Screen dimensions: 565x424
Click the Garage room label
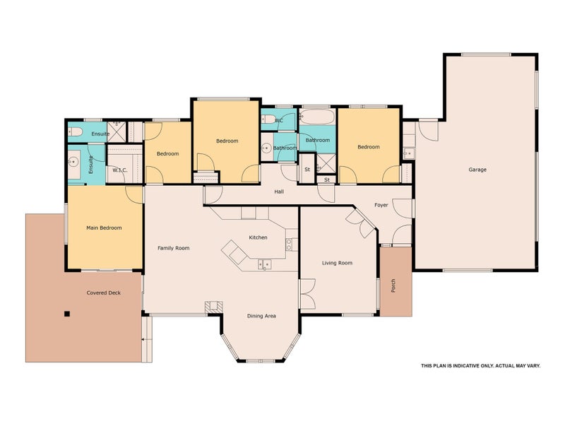pyautogui.click(x=477, y=170)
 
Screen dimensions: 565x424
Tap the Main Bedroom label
pyautogui.click(x=104, y=228)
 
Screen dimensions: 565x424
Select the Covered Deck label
pyautogui.click(x=103, y=293)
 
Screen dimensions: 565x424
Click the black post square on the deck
pyautogui.click(x=66, y=314)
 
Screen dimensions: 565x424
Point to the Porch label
pyautogui.click(x=393, y=285)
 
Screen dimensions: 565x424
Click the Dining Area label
pyautogui.click(x=261, y=316)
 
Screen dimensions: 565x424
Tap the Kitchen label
pyautogui.click(x=258, y=237)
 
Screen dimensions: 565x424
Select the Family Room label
pyautogui.click(x=173, y=248)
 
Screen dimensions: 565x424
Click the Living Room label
pyautogui.click(x=337, y=263)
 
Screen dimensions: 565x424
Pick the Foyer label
pyautogui.click(x=381, y=205)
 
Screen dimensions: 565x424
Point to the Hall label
pyautogui.click(x=279, y=192)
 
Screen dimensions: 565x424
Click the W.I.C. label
pyautogui.click(x=119, y=170)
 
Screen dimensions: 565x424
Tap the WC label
pyautogui.click(x=279, y=120)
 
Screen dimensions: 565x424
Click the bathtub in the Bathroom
pyautogui.click(x=317, y=117)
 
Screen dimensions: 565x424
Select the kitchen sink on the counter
pyautogui.click(x=264, y=264)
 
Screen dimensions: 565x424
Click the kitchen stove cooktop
pyautogui.click(x=289, y=245)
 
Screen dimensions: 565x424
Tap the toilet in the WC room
pyautogui.click(x=268, y=119)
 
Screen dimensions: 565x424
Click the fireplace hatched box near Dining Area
pyautogui.click(x=214, y=307)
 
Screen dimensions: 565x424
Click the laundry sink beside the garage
pyautogui.click(x=409, y=153)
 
